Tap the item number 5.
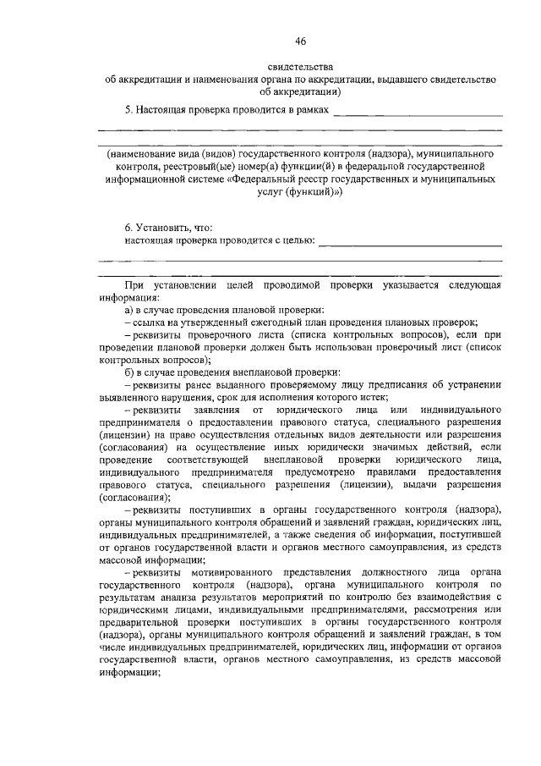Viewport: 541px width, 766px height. pos(128,110)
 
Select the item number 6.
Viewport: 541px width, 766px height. pos(128,228)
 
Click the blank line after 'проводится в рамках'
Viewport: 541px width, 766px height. pos(418,112)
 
